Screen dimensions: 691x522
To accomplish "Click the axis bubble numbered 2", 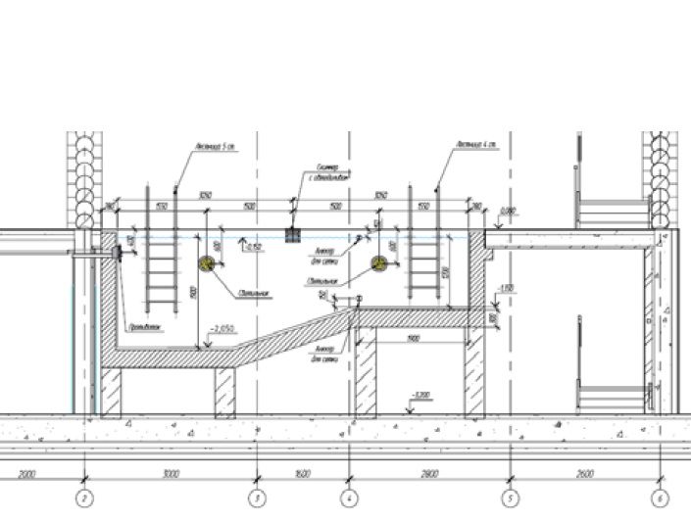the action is [85, 498].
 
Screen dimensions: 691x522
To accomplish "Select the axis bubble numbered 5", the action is [509, 498].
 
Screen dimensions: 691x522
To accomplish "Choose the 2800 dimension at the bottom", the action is [428, 475].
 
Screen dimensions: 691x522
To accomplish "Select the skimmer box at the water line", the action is [291, 236].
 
